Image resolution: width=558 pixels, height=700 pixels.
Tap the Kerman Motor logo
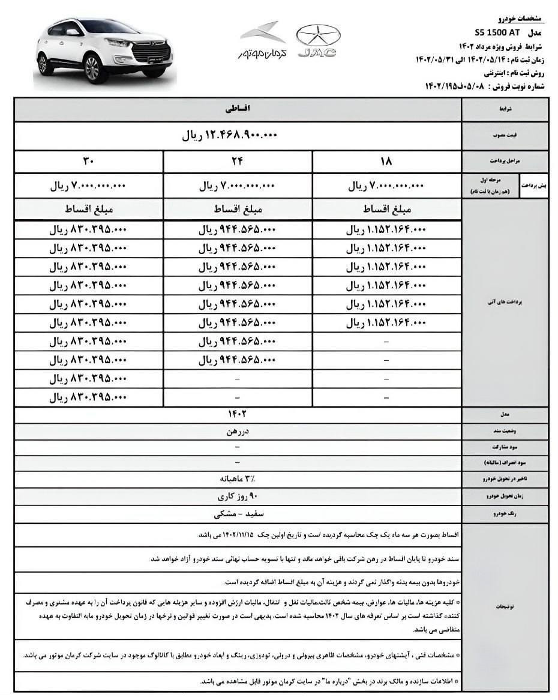[263, 41]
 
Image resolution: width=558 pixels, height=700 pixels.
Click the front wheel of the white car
[92, 68]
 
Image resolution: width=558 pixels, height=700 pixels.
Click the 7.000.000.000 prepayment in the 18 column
[386, 186]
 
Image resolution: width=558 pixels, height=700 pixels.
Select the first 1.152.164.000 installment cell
[386, 229]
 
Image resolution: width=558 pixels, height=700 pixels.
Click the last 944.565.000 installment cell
[238, 360]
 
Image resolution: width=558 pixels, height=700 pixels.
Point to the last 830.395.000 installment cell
[88, 397]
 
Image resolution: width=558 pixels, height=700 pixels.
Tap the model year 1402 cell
[238, 414]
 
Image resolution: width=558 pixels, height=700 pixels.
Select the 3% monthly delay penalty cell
[238, 480]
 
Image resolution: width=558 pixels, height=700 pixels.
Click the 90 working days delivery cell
[238, 497]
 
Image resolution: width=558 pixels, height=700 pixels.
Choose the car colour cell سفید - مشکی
[238, 514]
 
